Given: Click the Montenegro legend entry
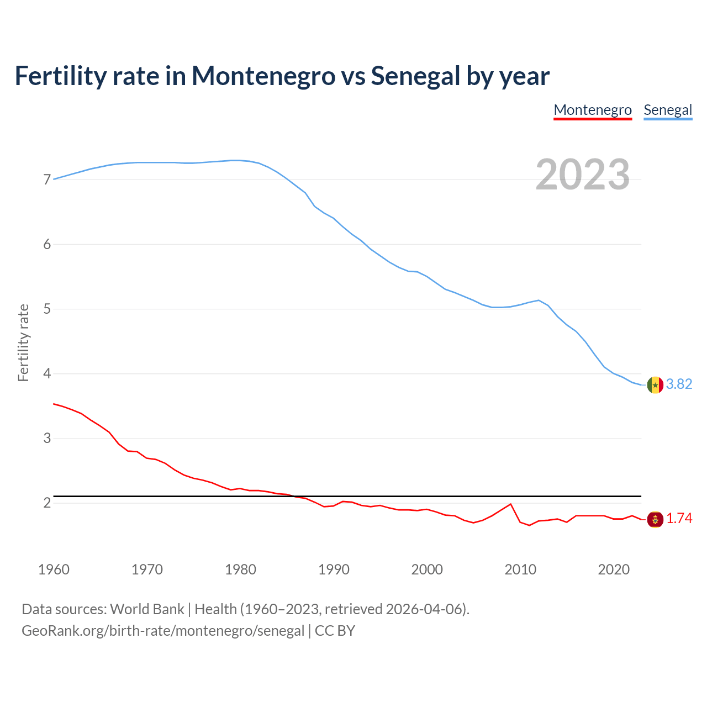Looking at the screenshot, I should tap(593, 110).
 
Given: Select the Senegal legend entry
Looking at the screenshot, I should tap(668, 110).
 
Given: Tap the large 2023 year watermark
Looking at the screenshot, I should tap(583, 175).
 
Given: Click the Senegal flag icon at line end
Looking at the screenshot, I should tap(655, 384).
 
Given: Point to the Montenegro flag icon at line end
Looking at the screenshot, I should tap(655, 519).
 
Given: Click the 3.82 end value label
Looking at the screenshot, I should tap(679, 384).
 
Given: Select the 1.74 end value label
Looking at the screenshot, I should tap(679, 519).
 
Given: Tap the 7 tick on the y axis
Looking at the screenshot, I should tap(47, 180).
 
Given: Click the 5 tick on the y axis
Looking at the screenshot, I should tap(47, 309).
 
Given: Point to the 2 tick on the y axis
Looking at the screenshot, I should tap(47, 503).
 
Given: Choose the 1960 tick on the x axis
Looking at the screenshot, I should tap(54, 569).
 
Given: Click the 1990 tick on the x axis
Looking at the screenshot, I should tap(334, 569).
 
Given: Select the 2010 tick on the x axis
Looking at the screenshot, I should tap(520, 569).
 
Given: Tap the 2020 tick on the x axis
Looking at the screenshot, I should tap(614, 569).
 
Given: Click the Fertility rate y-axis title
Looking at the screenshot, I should tap(23, 342).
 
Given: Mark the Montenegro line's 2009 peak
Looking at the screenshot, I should tap(510, 504).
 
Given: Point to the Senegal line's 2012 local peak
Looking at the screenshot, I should tap(539, 300).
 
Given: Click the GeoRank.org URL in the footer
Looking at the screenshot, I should tap(163, 631).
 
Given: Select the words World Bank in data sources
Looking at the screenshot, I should tap(147, 609).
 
